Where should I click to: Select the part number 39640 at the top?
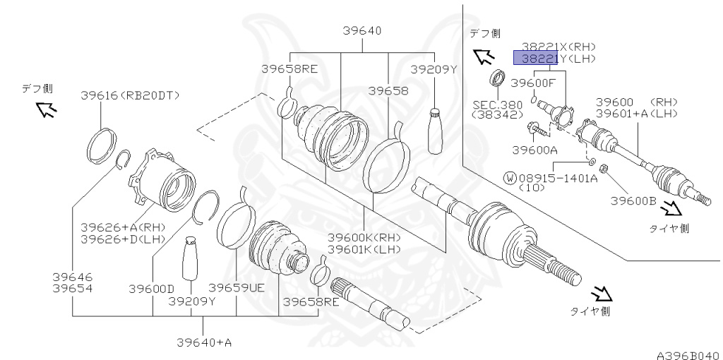(362, 30)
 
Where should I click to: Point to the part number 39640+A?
(205, 342)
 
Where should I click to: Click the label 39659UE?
(236, 288)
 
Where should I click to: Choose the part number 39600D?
(151, 288)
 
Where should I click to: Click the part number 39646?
(72, 277)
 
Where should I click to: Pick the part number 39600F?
(533, 83)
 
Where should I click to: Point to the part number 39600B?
(634, 200)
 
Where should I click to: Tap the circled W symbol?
(510, 179)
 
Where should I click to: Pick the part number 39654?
(72, 289)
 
